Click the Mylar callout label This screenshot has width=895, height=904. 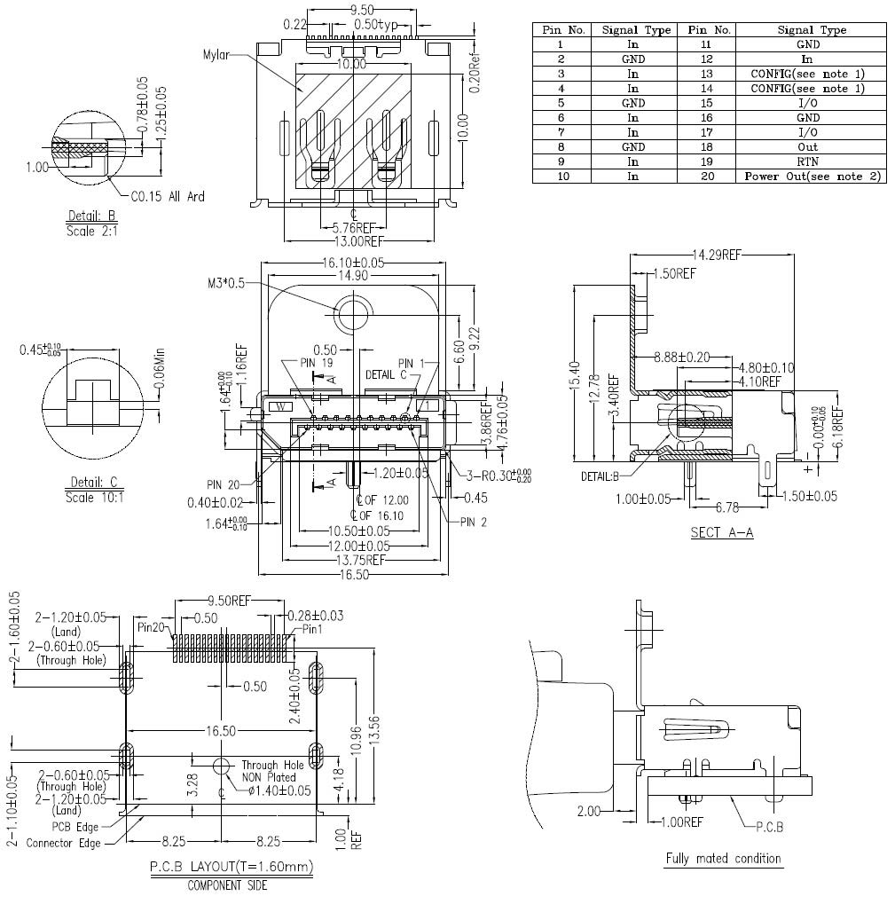pos(216,55)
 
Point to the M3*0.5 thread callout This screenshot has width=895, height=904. pos(225,283)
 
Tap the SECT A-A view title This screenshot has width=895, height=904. pos(721,532)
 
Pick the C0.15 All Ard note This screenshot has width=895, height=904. pos(168,196)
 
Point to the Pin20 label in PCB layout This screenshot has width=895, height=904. pos(152,626)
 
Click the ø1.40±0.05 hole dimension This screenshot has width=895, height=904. pos(279,790)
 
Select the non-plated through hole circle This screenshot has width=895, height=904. pos(222,766)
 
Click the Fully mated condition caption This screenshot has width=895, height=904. pos(723,858)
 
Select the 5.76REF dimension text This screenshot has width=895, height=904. pos(352,227)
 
